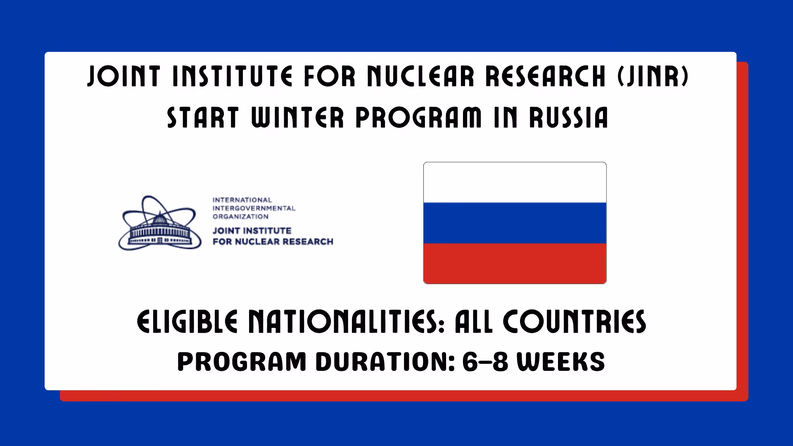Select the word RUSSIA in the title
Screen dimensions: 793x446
[569, 117]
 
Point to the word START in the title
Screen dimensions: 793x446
[203, 117]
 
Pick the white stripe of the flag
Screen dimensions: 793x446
[515, 182]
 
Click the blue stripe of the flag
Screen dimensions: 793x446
[515, 223]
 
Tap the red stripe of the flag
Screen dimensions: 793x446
[515, 263]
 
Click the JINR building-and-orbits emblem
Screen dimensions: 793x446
[160, 223]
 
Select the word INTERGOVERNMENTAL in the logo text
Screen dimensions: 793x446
[254, 208]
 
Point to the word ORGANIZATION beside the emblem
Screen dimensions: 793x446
[240, 216]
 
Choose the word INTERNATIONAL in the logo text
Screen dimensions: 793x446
[242, 200]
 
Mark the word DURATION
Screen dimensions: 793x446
[385, 362]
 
